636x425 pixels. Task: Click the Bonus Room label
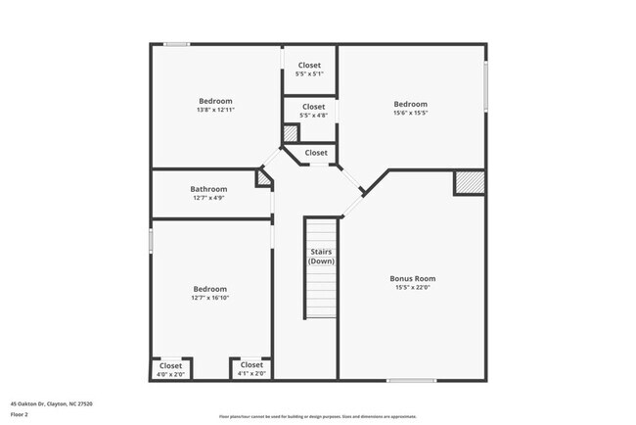click(411, 278)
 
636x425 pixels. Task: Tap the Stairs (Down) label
click(321, 257)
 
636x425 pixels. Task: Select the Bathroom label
click(208, 189)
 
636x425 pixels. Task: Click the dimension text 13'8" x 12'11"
click(215, 110)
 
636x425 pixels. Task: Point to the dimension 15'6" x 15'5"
click(411, 114)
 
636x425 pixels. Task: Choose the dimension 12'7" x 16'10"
click(209, 299)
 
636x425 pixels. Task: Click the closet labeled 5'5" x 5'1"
click(309, 70)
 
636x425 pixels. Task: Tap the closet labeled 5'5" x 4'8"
click(313, 111)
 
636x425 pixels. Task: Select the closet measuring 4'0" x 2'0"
click(170, 369)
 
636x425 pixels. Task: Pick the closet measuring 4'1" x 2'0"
click(250, 369)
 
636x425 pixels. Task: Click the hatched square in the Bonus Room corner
click(469, 183)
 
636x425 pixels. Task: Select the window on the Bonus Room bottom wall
click(411, 380)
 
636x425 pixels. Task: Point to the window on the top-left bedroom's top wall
click(177, 43)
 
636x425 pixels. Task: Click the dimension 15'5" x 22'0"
click(411, 287)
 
